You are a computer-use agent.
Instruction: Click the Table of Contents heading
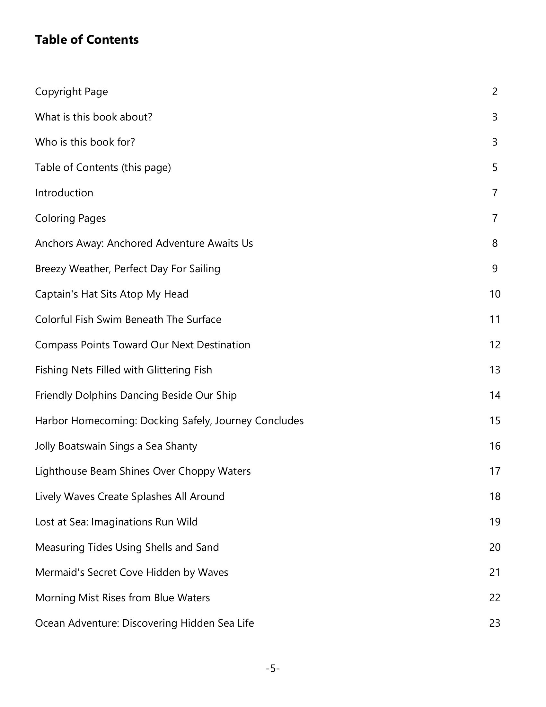tap(87, 40)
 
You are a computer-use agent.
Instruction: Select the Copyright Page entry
tap(71, 92)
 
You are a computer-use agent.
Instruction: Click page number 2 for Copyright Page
tap(495, 92)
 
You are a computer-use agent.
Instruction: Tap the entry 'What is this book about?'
tap(93, 117)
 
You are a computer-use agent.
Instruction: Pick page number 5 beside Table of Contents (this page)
tap(495, 167)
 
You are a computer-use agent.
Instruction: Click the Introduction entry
tap(64, 193)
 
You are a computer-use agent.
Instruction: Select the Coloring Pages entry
tap(70, 218)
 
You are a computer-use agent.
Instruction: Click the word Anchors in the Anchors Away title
tap(54, 244)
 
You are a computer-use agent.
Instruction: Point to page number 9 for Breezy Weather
tap(495, 269)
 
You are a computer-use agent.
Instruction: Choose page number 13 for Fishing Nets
tap(495, 370)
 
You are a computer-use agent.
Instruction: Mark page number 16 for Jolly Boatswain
tap(495, 446)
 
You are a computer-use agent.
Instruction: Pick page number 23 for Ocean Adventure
tap(495, 623)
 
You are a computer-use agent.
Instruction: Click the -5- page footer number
tap(273, 668)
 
